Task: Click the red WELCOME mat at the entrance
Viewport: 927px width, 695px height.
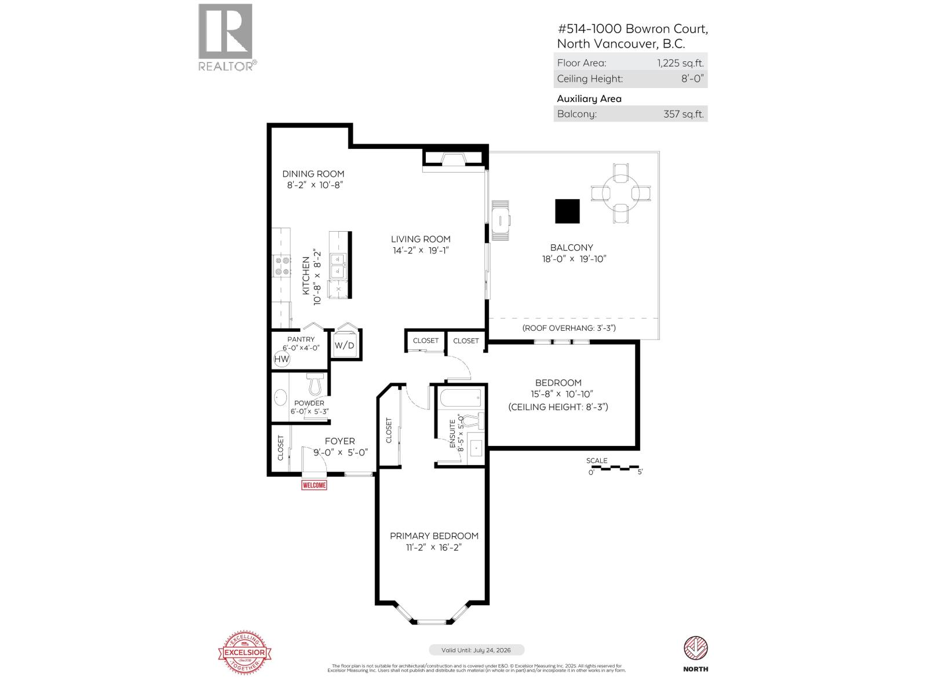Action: point(314,485)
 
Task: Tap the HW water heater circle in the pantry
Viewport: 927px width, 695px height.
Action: point(282,360)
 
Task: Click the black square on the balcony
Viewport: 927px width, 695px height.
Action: point(567,211)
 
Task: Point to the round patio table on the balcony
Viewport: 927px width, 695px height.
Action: point(621,192)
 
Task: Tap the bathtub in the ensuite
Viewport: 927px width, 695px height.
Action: point(461,398)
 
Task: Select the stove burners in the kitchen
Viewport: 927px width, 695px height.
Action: point(282,266)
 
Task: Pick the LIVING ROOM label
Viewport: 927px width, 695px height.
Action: point(420,239)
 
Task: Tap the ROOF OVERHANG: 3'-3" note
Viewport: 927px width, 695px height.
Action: point(568,328)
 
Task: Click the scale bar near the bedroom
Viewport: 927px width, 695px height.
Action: point(616,467)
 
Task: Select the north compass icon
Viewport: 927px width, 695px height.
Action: point(695,649)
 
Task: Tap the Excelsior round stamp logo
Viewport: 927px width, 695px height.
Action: point(244,653)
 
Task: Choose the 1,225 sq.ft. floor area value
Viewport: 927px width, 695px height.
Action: point(680,63)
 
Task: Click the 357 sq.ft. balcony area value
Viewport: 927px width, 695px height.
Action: point(683,114)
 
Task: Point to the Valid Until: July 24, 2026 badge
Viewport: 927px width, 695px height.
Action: point(476,650)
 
